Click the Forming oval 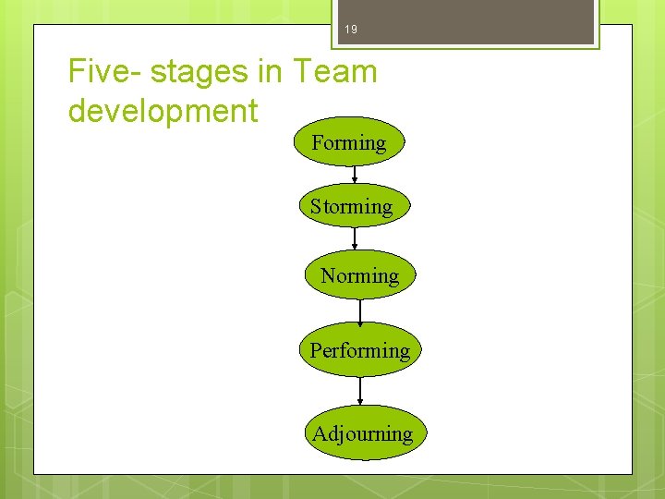pos(349,142)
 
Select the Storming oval pos(352,207)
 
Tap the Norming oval pos(360,275)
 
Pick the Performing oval pos(360,350)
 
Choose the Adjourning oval pos(362,433)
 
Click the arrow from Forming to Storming pos(355,176)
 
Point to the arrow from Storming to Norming pos(355,240)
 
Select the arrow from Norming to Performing pos(360,312)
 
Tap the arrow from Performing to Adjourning pos(360,391)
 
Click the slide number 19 pos(350,30)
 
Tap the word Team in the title pos(336,71)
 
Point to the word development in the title pos(163,111)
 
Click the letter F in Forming pos(318,142)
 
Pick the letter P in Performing pos(315,350)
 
